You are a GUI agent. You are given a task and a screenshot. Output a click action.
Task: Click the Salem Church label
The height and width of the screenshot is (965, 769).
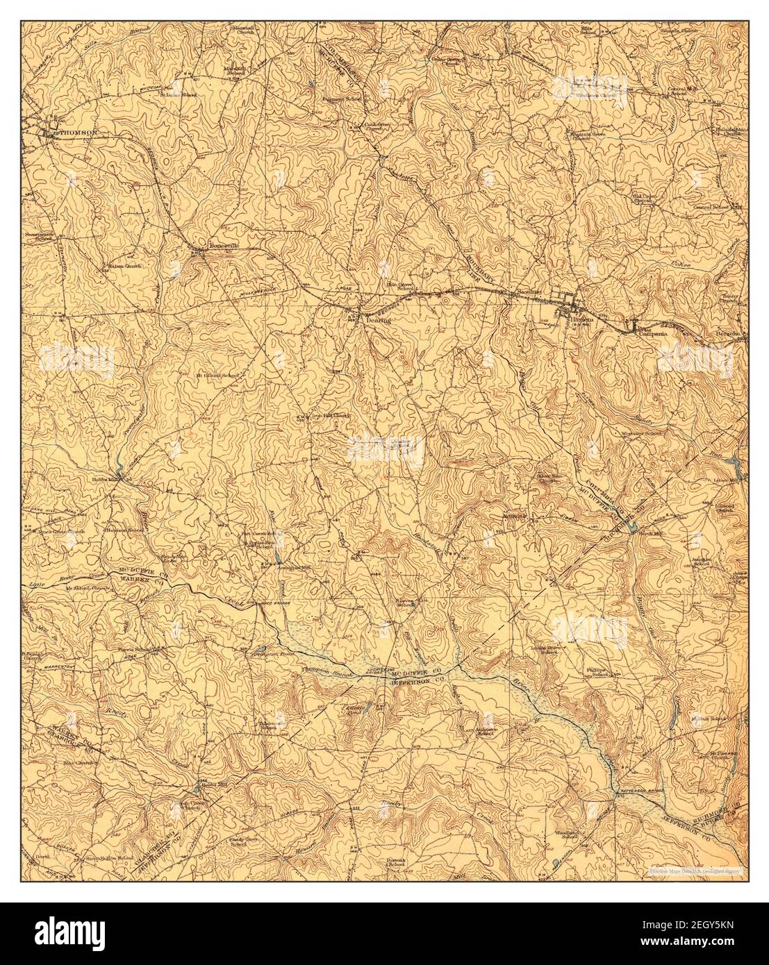click(x=125, y=265)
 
